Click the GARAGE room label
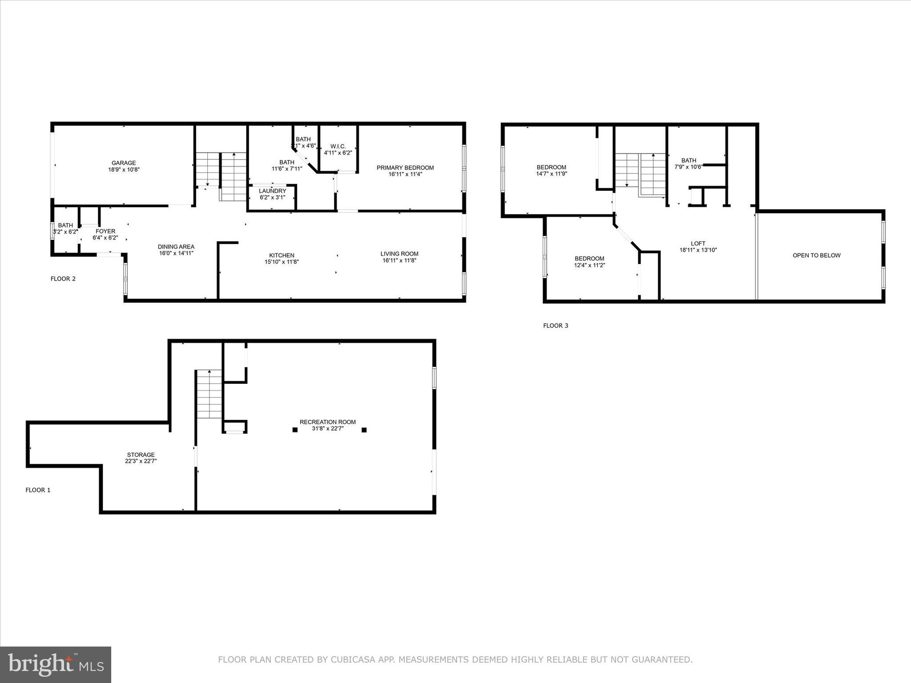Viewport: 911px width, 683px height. pos(124,163)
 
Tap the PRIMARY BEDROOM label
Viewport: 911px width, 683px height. pos(405,168)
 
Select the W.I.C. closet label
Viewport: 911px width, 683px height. pos(338,146)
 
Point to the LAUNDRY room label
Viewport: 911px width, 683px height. pos(272,191)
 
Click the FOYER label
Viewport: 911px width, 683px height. pos(105,231)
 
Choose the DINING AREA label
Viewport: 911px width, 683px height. pos(176,247)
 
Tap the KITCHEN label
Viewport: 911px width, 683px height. pos(282,255)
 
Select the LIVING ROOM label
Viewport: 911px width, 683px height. pos(399,254)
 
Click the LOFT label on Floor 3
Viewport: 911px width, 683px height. pos(698,244)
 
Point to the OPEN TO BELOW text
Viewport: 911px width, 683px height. pos(816,256)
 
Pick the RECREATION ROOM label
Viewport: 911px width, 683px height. pos(327,422)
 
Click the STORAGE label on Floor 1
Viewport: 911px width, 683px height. pos(141,455)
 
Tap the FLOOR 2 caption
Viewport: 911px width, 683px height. pos(63,279)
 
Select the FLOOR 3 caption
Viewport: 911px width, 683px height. pos(556,325)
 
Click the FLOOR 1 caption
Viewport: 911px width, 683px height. pos(38,490)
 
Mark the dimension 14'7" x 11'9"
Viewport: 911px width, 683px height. pos(551,174)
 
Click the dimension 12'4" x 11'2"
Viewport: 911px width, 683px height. pos(589,265)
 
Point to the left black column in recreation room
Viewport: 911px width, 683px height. pos(295,430)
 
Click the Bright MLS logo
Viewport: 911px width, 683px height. pos(56,664)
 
